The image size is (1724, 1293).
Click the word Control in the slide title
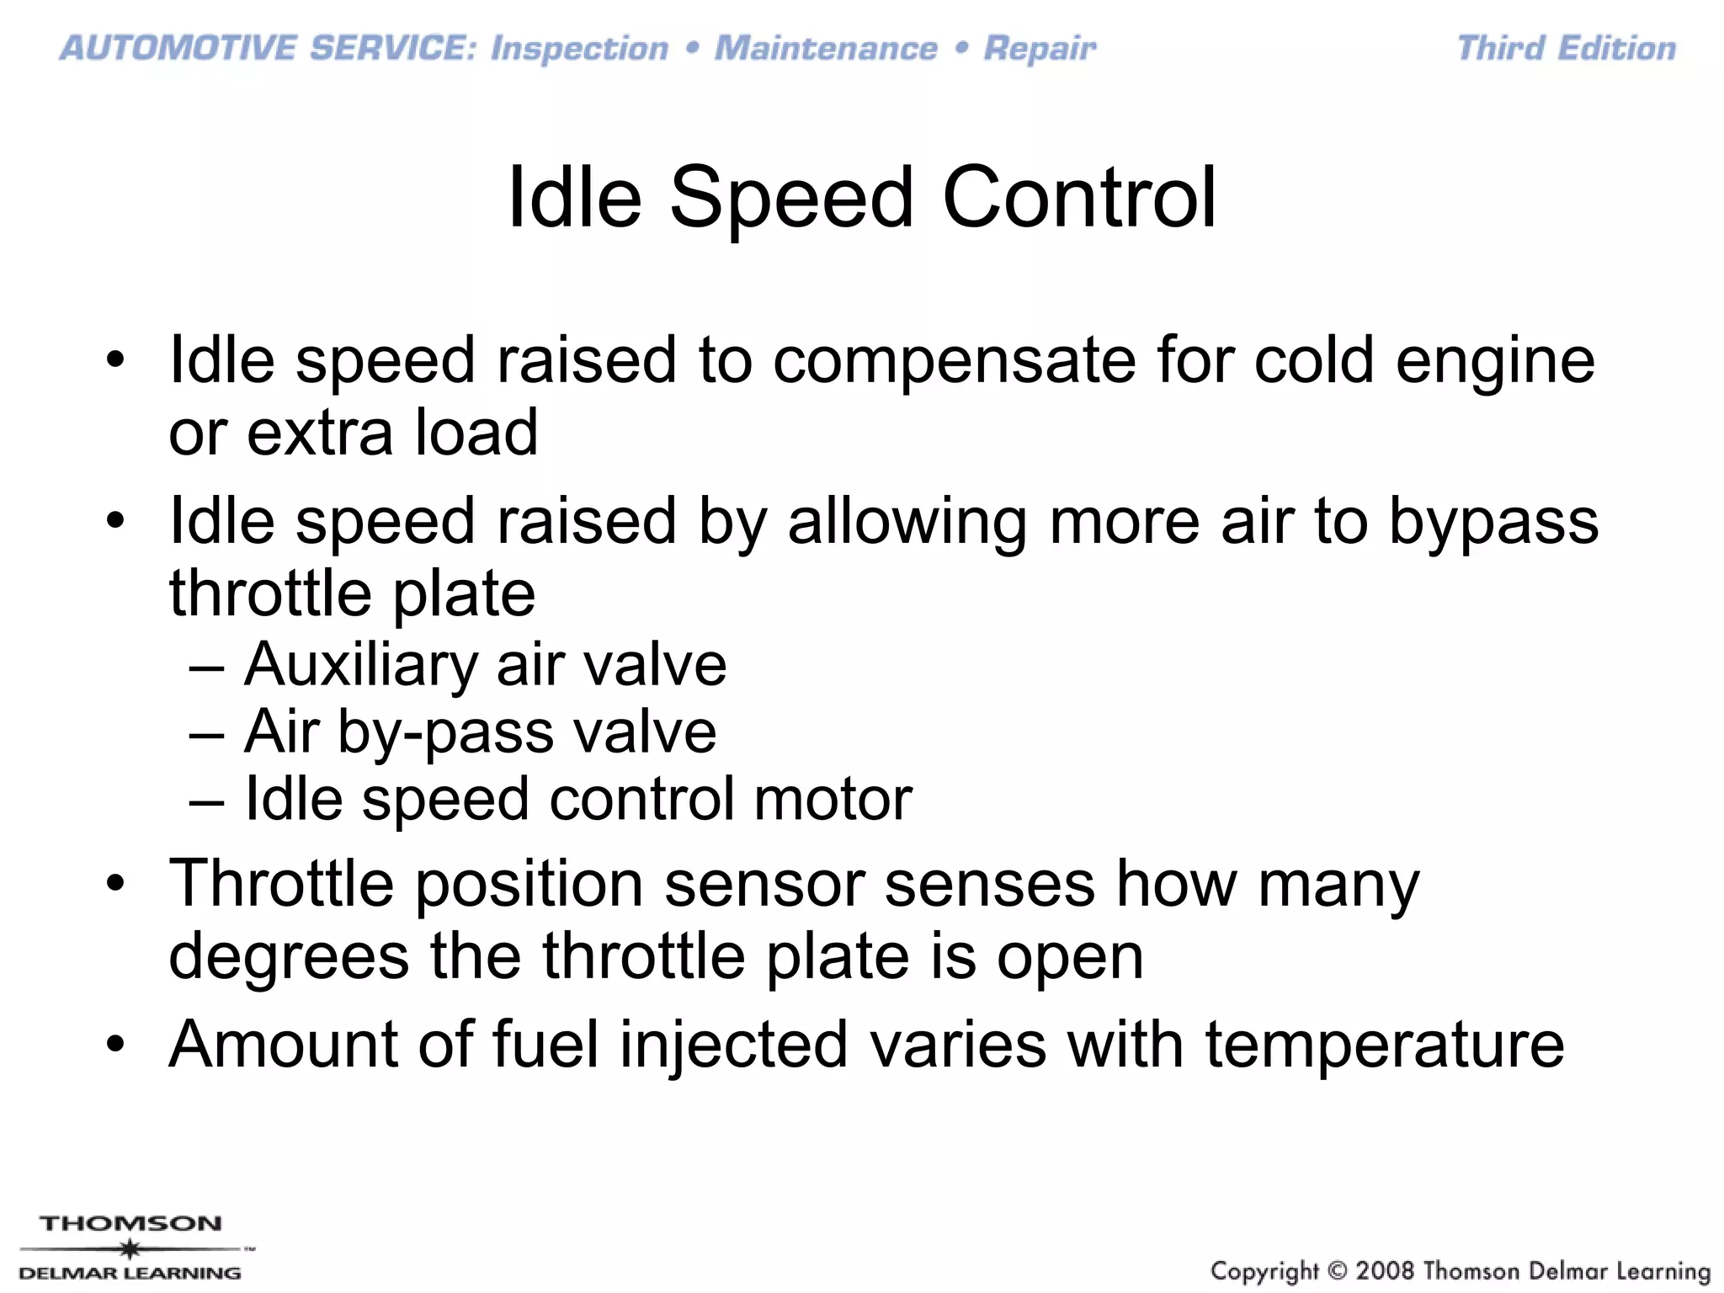point(1079,198)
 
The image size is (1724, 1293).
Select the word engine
point(1495,360)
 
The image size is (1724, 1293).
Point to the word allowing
point(907,522)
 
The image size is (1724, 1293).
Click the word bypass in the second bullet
point(1493,522)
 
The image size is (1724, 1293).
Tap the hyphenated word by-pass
point(445,732)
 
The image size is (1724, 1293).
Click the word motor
point(833,799)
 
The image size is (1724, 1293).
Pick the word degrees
point(289,958)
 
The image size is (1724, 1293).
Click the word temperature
point(1385,1045)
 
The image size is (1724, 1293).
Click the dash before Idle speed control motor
point(207,801)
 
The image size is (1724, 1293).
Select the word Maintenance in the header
point(826,49)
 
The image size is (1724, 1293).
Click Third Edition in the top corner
point(1566,49)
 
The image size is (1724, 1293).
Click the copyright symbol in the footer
point(1335,1270)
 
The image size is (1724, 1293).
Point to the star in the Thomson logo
point(129,1248)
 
